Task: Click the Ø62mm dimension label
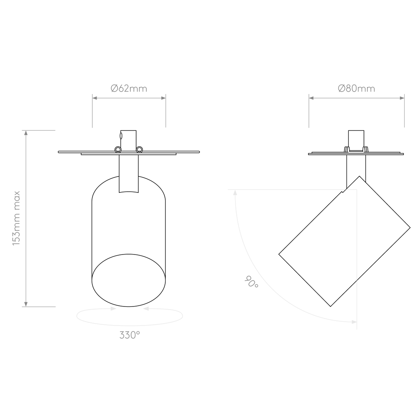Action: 129,89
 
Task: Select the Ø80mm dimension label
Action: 356,89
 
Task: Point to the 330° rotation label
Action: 129,335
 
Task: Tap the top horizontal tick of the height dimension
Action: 39,130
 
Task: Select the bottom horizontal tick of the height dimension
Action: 39,306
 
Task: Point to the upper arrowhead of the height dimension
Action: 26,134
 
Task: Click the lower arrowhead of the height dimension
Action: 26,303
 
